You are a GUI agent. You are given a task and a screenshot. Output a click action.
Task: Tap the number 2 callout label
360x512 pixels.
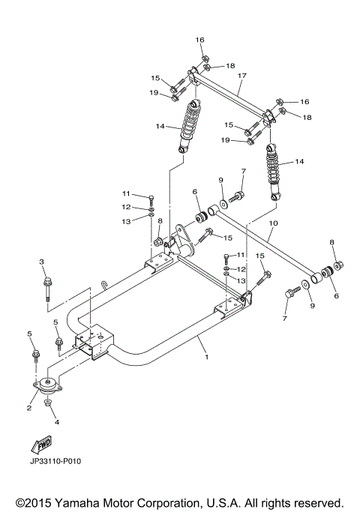[28, 408]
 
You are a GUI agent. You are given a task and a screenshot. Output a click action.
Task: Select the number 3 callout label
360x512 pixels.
[43, 261]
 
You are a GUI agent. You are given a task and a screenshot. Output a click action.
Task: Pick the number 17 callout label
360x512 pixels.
[241, 76]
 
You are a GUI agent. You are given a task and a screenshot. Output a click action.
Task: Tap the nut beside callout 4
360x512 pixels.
[48, 404]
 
